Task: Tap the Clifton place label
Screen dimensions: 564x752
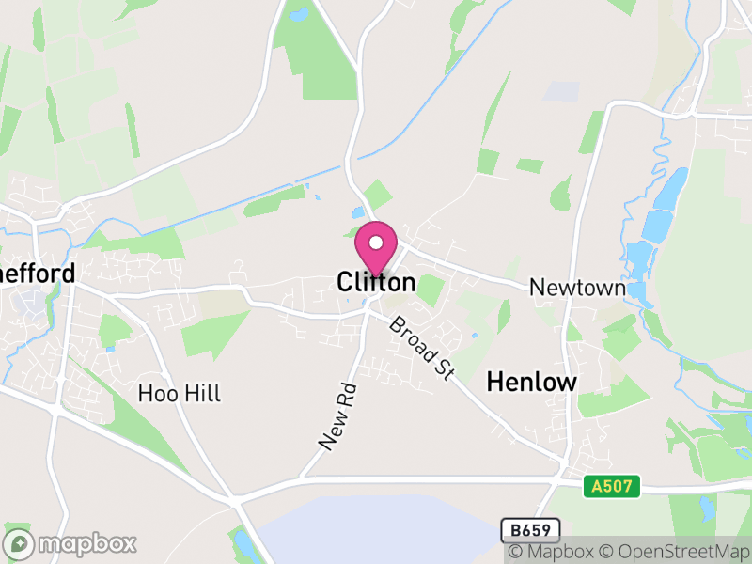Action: (376, 282)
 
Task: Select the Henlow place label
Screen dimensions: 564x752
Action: (531, 382)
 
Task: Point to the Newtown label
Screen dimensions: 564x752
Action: (577, 288)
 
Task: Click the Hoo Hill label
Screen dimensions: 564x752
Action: (179, 393)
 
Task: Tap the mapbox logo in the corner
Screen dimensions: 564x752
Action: (70, 543)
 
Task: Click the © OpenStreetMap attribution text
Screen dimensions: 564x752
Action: (676, 552)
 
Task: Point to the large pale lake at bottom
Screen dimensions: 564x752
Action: (376, 531)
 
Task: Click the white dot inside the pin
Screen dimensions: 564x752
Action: (376, 243)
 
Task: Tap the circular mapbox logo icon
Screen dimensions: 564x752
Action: (19, 543)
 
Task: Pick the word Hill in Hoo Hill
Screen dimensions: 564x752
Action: (203, 393)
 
